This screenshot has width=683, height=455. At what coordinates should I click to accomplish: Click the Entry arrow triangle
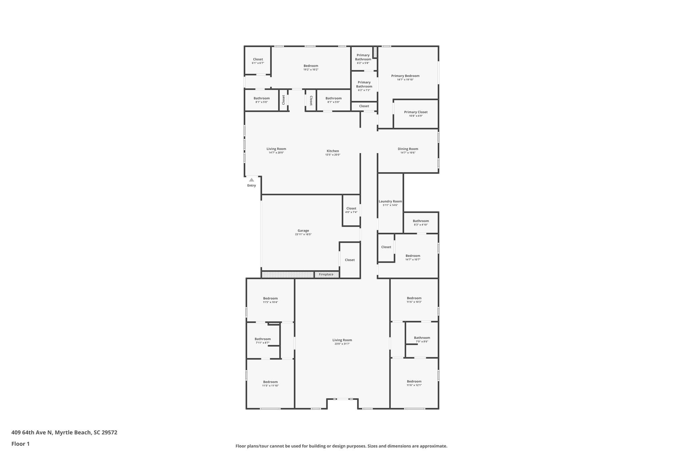[x=251, y=180]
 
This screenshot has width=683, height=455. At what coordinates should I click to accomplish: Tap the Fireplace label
[x=326, y=274]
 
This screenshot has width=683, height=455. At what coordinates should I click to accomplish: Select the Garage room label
[x=303, y=231]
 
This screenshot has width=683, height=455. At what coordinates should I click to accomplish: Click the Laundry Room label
[x=390, y=201]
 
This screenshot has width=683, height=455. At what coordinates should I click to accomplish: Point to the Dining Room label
[x=408, y=149]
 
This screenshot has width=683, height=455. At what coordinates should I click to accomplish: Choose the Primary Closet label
[x=416, y=112]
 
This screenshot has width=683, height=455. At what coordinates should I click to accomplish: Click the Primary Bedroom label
[x=405, y=76]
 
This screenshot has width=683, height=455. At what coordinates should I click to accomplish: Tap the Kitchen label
[x=332, y=151]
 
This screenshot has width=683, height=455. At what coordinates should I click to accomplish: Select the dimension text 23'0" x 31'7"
[x=342, y=344]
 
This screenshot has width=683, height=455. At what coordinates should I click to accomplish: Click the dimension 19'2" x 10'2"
[x=311, y=70]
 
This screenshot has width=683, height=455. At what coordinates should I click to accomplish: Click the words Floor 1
[x=20, y=444]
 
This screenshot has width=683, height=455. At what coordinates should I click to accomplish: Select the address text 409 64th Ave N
[x=32, y=432]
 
